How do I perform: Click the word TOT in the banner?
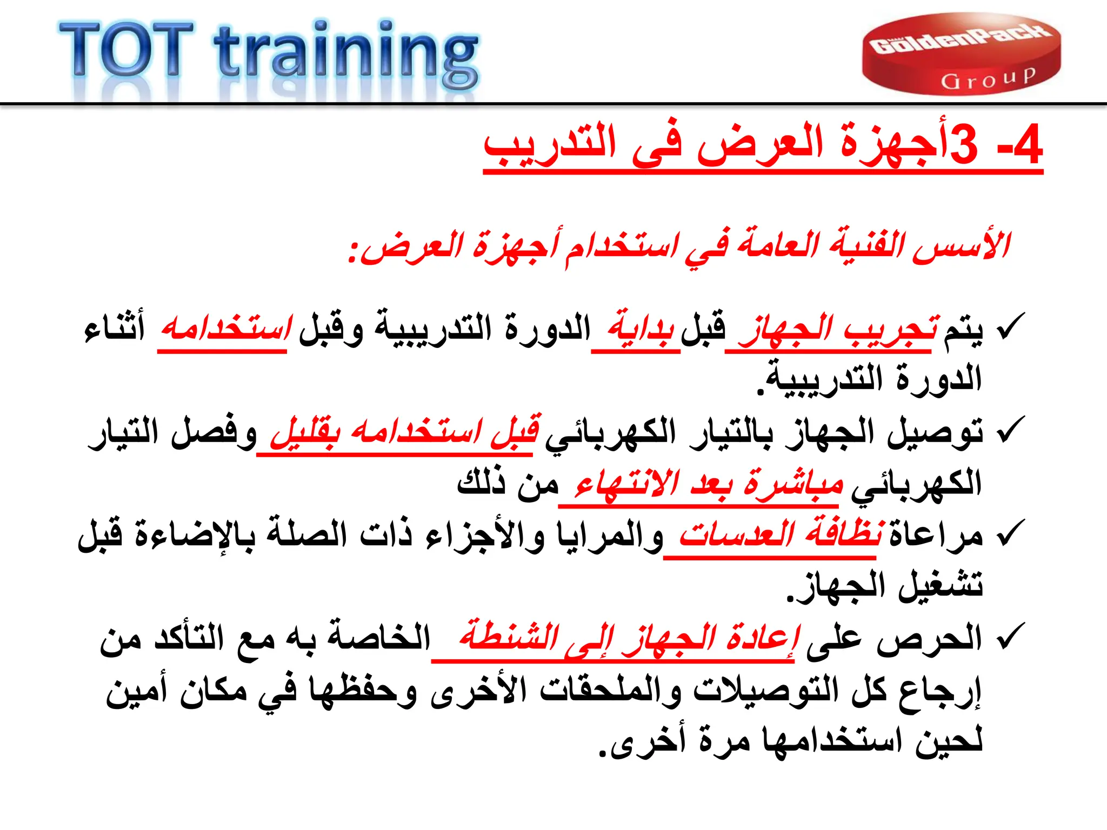125,51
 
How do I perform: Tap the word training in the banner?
346,54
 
